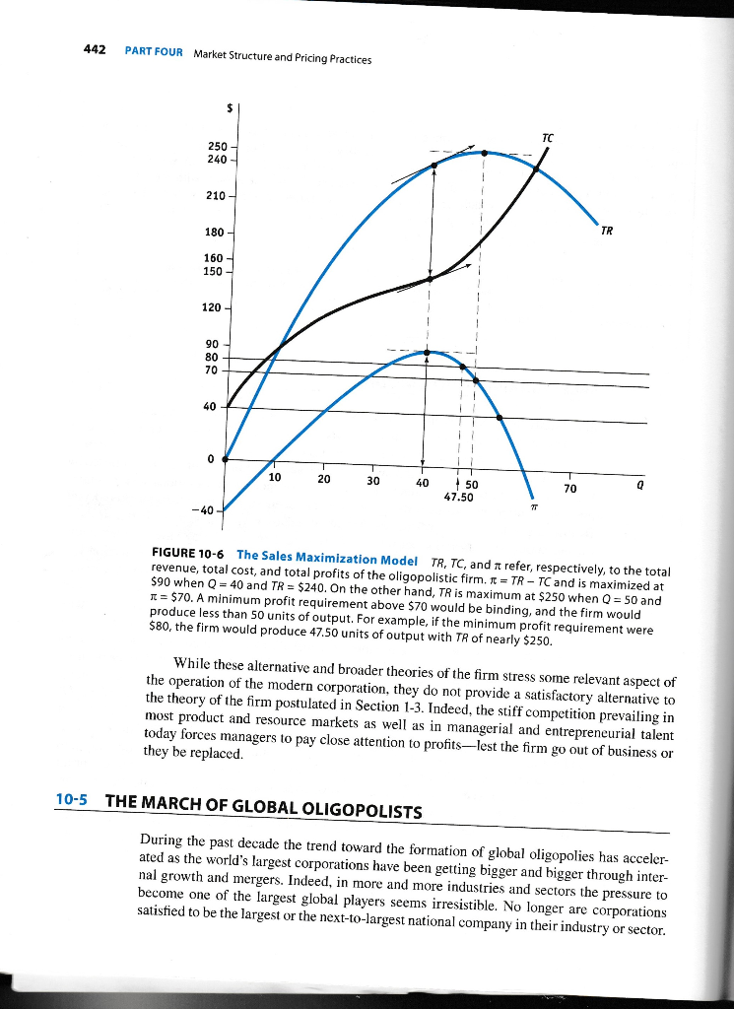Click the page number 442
[94, 51]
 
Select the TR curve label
[608, 233]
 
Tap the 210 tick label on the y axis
[213, 196]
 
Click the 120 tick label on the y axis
[212, 308]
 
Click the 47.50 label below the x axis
[460, 498]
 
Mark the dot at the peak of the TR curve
[484, 153]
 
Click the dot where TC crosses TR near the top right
[536, 168]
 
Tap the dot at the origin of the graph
[226, 459]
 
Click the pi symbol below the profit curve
[533, 508]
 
